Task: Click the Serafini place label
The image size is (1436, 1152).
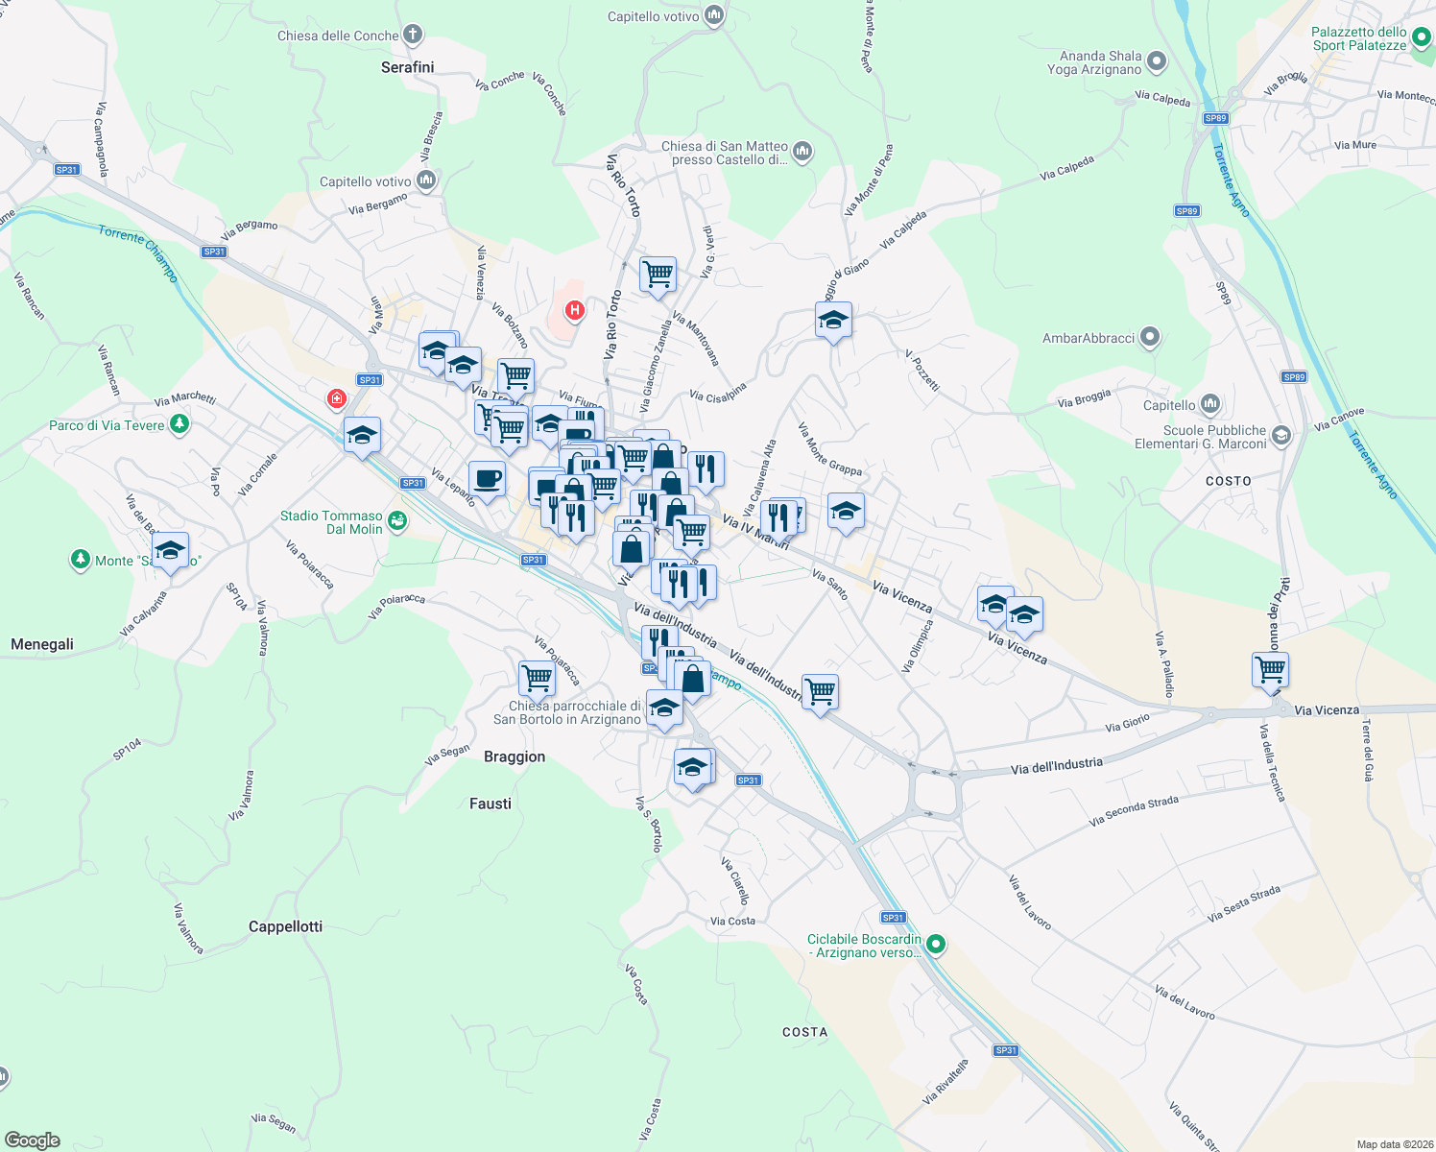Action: click(407, 67)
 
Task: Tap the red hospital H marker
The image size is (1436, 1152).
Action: click(574, 310)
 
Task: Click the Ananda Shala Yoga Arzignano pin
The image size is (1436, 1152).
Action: click(1157, 62)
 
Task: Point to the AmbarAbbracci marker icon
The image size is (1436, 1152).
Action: click(1151, 338)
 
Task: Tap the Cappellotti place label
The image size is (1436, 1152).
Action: click(285, 926)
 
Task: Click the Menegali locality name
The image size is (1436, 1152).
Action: click(42, 644)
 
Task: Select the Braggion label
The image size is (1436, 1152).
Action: click(515, 756)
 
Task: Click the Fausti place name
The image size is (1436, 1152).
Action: click(491, 804)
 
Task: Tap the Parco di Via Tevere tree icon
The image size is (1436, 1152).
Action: click(179, 424)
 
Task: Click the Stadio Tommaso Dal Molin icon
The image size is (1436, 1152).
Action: click(397, 521)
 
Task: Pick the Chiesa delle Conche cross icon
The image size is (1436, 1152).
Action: click(412, 36)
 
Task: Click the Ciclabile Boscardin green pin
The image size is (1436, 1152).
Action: click(936, 946)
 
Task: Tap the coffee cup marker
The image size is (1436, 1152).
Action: click(488, 478)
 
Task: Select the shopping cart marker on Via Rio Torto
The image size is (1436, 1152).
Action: click(658, 275)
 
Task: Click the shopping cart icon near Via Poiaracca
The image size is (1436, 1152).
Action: click(537, 678)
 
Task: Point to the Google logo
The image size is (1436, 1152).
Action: click(33, 1140)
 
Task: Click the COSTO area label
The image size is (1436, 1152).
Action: click(1229, 481)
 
